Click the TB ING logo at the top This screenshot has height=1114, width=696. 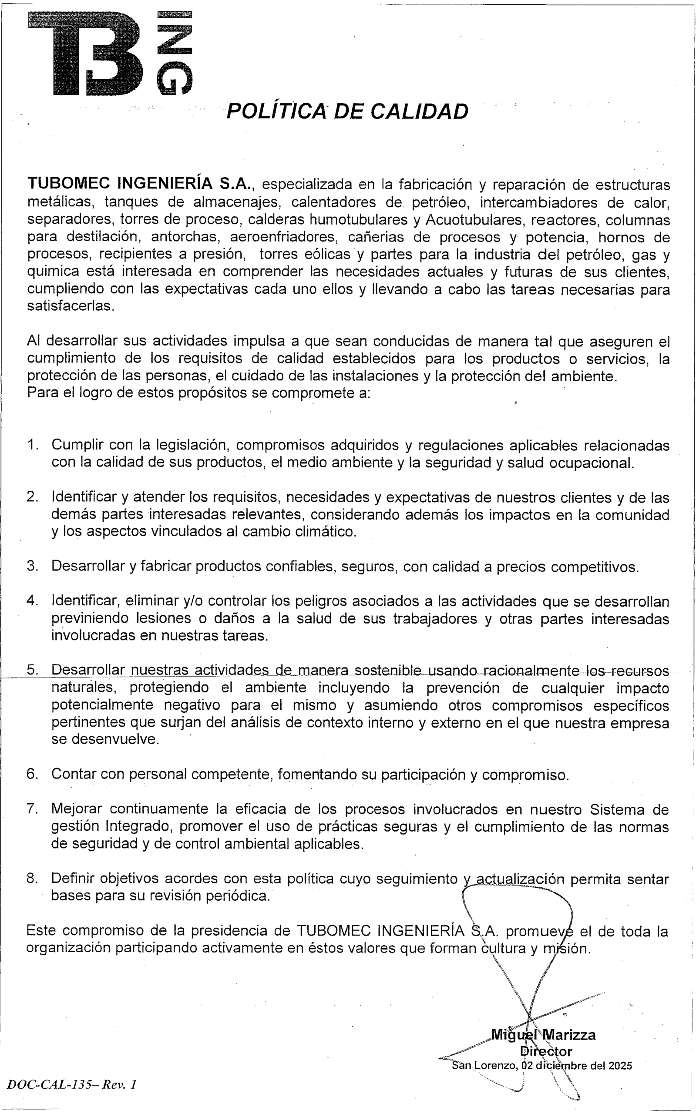110,53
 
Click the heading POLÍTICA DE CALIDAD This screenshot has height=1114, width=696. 347,111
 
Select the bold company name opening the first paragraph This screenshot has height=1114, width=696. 139,184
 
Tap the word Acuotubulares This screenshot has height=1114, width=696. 474,220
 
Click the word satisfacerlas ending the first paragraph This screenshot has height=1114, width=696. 70,306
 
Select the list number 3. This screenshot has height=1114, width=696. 32,566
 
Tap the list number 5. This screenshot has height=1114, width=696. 32,670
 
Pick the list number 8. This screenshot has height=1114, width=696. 32,879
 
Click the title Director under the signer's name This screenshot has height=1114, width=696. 546,1051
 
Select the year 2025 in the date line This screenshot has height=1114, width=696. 620,1066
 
